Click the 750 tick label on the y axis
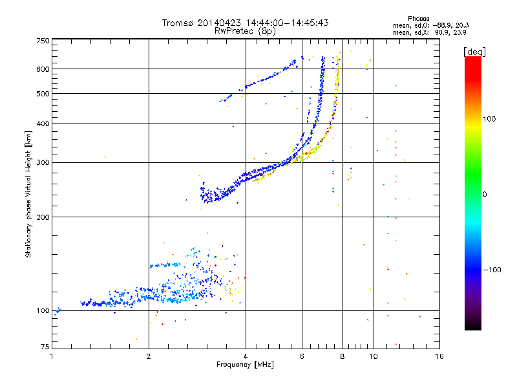[x=43, y=40]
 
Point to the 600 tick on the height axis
[x=43, y=69]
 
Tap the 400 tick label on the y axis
[x=43, y=124]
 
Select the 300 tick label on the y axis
[x=43, y=162]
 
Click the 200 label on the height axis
[x=43, y=217]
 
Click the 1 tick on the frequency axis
[x=52, y=356]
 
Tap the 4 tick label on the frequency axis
[x=246, y=356]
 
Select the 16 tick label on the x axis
[x=439, y=356]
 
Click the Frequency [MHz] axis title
[x=245, y=365]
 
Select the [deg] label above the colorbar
[x=475, y=51]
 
